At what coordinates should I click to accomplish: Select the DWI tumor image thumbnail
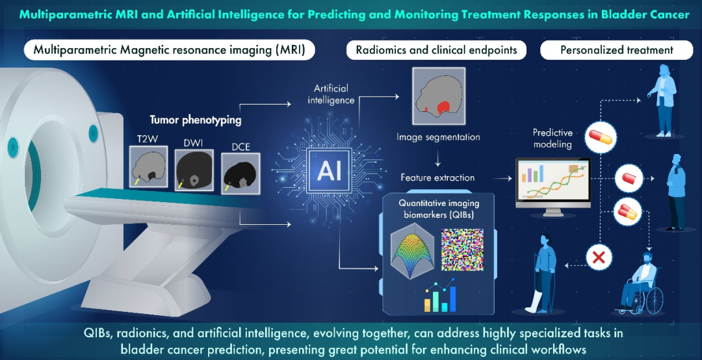(194, 171)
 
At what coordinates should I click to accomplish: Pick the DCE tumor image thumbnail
(240, 172)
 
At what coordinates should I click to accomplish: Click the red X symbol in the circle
(599, 258)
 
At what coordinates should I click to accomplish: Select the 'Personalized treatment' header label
(617, 50)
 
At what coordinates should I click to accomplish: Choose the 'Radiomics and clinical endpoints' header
(436, 50)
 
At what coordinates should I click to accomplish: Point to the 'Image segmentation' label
(438, 137)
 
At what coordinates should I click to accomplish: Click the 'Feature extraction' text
(437, 177)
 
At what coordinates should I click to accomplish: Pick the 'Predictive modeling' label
(552, 138)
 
